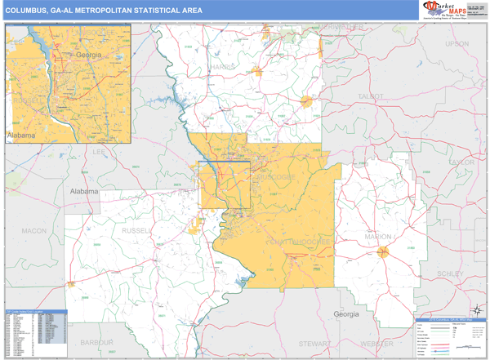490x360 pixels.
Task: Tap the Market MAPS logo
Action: (452, 9)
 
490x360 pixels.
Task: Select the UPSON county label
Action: (457, 43)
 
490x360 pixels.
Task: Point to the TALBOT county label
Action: (371, 96)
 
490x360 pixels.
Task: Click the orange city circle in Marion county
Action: (381, 251)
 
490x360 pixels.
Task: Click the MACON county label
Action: (34, 231)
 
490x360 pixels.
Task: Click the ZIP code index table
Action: (36, 333)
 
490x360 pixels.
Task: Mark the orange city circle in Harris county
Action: (307, 102)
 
